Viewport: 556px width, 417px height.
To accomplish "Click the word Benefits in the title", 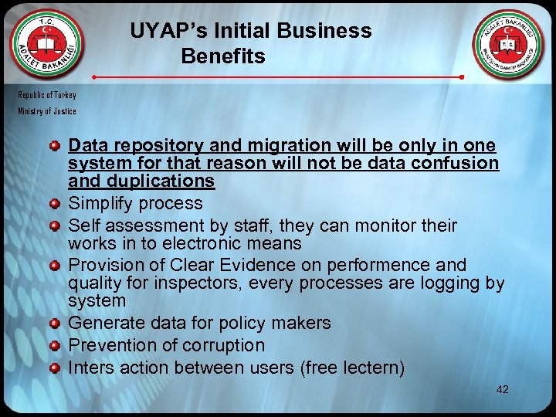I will coord(223,56).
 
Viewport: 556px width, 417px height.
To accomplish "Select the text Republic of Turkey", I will coord(48,95).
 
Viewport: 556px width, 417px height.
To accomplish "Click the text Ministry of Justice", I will coord(48,111).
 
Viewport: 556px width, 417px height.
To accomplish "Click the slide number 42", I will coord(502,390).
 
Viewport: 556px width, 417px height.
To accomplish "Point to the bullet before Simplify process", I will coord(55,204).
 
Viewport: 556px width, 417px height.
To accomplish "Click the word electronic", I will coord(213,243).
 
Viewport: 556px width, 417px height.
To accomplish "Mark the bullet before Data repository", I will coord(55,145).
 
